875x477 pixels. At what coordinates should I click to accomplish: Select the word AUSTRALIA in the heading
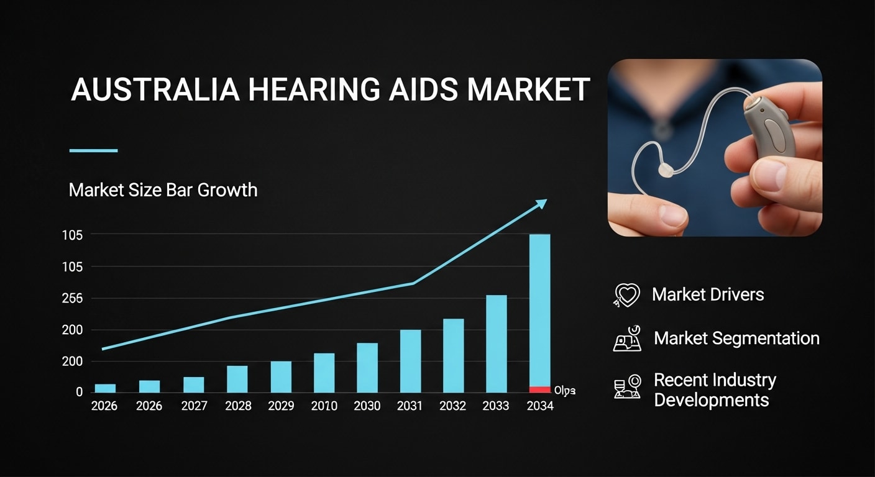pyautogui.click(x=155, y=89)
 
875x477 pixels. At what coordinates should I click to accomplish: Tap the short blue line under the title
pyautogui.click(x=93, y=150)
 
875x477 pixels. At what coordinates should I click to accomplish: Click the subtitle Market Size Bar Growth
pyautogui.click(x=163, y=189)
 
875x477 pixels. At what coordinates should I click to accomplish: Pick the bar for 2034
pyautogui.click(x=539, y=311)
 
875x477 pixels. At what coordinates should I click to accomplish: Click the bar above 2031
pyautogui.click(x=410, y=361)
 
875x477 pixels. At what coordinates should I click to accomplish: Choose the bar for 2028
pyautogui.click(x=237, y=379)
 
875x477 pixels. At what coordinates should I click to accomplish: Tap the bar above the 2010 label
pyautogui.click(x=324, y=373)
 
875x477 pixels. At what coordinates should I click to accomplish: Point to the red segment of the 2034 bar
pyautogui.click(x=539, y=389)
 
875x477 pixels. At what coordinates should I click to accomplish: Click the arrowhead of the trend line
pyautogui.click(x=542, y=202)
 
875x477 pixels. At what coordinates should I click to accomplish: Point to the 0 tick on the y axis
pyautogui.click(x=80, y=392)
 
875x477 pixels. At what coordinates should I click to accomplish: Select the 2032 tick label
pyautogui.click(x=452, y=406)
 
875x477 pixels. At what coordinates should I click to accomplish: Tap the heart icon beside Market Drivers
pyautogui.click(x=626, y=295)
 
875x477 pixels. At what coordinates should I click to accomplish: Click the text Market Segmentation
pyautogui.click(x=736, y=338)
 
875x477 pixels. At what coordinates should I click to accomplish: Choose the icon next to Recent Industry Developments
pyautogui.click(x=627, y=387)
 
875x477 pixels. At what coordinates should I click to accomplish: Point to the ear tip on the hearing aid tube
pyautogui.click(x=665, y=171)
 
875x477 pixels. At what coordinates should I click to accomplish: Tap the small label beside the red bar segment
pyautogui.click(x=564, y=391)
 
